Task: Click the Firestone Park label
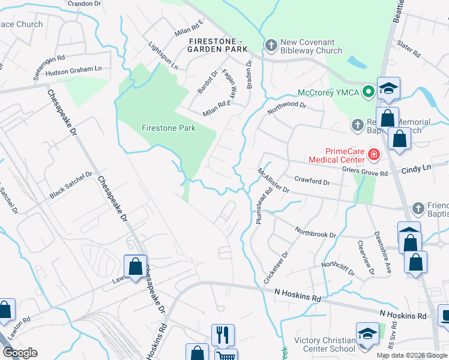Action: [x=169, y=128]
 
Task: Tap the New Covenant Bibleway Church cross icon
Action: [x=271, y=46]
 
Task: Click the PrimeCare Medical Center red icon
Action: [x=374, y=155]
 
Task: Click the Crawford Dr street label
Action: [x=312, y=181]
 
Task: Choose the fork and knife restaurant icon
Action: [x=223, y=335]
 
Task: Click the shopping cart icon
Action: [x=226, y=356]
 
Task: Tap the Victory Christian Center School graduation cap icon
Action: [x=367, y=336]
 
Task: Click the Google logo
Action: [x=20, y=353]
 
